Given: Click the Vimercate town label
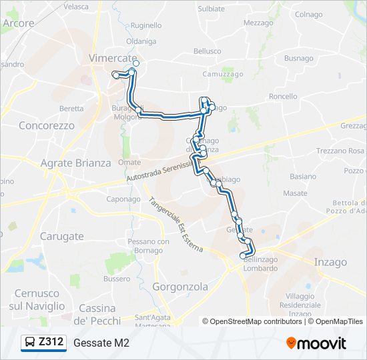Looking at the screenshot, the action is pos(109,59).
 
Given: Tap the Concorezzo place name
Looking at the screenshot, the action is pos(47,125).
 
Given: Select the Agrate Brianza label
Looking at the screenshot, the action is pos(75,163).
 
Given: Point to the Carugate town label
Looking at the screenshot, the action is pos(61,236).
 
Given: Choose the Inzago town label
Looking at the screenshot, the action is pos(330,263).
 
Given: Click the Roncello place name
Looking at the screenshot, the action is pos(283,97).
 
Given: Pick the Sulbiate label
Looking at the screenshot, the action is pos(212,9).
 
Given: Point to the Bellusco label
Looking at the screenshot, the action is pos(207,51).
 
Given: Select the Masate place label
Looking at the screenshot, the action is pos(295,193).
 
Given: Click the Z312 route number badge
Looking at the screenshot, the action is pos(51,343).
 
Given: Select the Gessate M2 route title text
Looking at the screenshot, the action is pos(101,343).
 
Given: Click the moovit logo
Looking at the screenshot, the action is pos(316,343).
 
